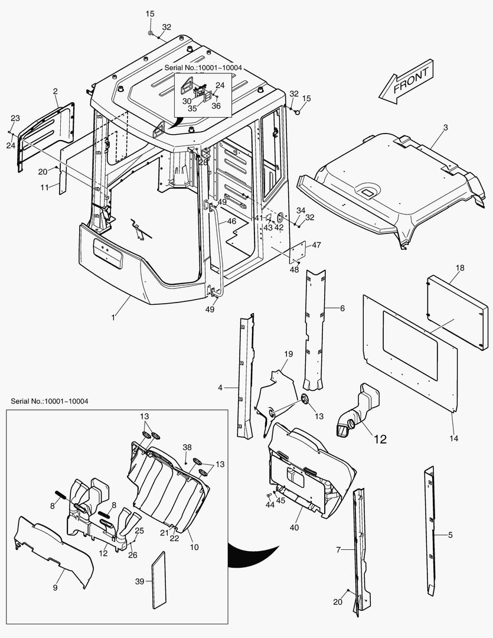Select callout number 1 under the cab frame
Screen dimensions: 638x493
coord(113,317)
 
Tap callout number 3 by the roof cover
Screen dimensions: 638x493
coord(445,128)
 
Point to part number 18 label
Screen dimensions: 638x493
coord(460,268)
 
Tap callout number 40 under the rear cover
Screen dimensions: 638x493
coord(295,527)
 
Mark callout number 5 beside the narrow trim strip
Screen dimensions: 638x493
coord(450,535)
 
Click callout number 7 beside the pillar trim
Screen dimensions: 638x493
coord(338,550)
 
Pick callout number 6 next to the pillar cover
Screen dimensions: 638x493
coord(342,308)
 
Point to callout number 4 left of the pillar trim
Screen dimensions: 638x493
coord(220,388)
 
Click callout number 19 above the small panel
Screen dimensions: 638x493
coord(288,354)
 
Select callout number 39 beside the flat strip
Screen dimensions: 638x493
coord(139,581)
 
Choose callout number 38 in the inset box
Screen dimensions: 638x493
coord(187,447)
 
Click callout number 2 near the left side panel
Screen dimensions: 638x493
coord(55,92)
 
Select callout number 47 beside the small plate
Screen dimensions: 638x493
coord(316,245)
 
